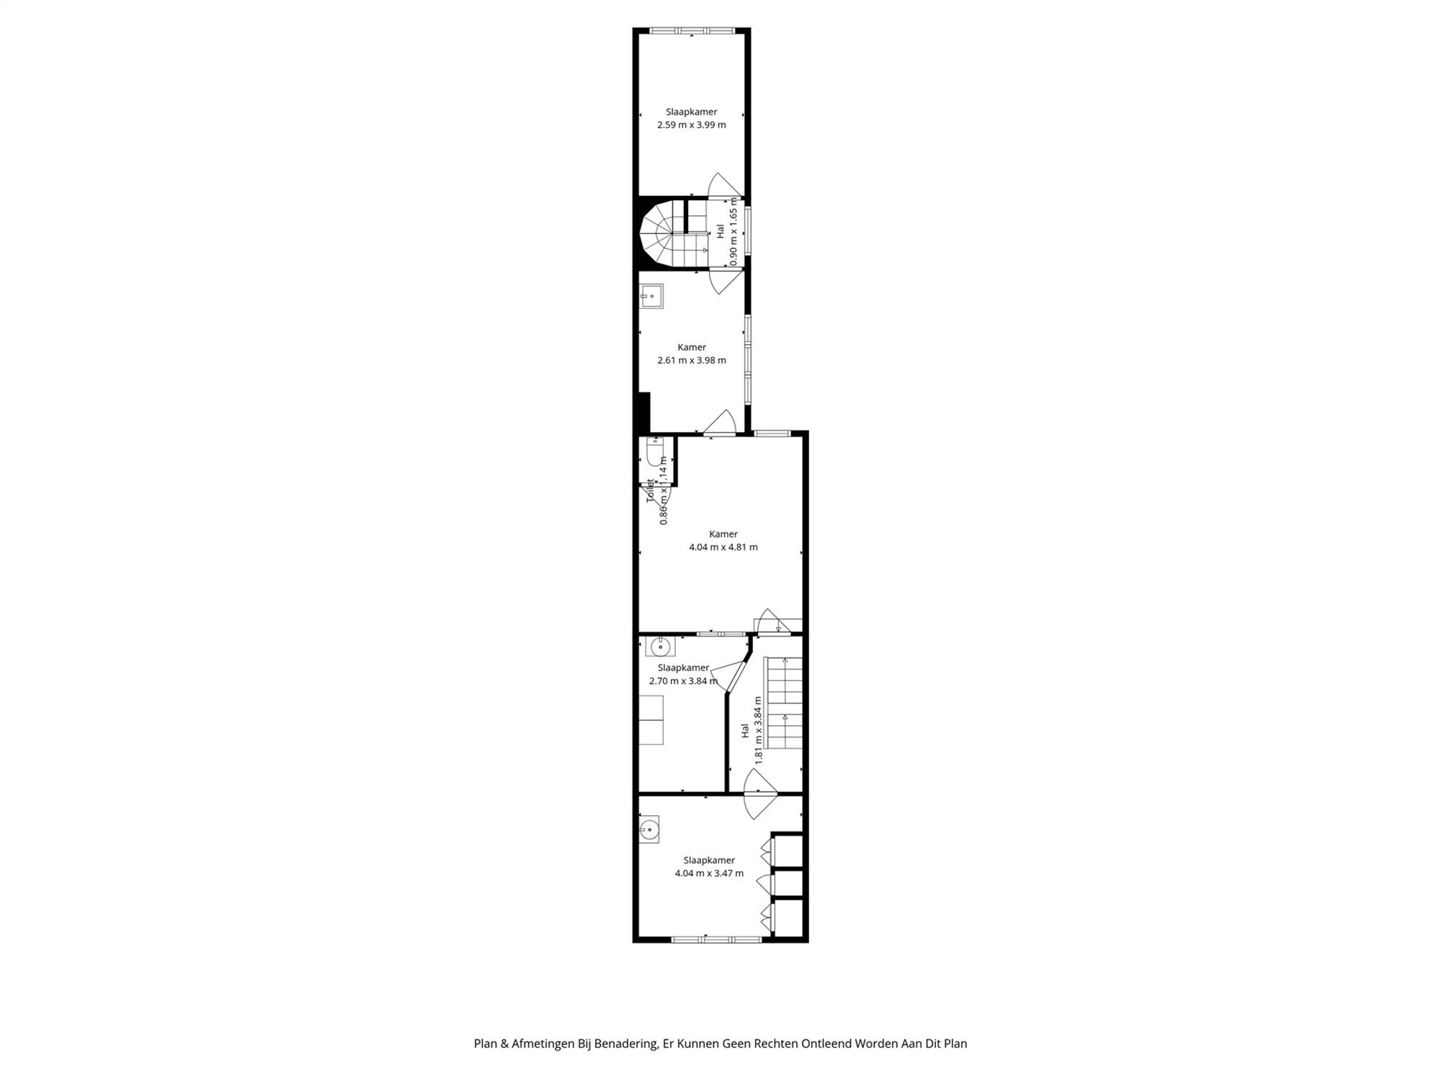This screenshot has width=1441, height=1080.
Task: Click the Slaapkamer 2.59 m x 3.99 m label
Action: (691, 119)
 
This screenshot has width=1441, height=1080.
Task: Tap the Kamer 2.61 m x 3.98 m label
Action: (691, 354)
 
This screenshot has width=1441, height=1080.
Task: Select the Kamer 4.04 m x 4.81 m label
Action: (723, 541)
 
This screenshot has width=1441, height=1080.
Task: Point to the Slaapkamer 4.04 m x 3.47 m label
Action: (709, 867)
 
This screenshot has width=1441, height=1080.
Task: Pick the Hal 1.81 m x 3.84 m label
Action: (751, 729)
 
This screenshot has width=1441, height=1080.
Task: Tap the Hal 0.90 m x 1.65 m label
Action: (727, 232)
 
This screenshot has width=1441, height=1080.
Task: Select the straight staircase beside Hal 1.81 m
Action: (784, 702)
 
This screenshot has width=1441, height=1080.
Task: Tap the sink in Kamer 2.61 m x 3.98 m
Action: (651, 296)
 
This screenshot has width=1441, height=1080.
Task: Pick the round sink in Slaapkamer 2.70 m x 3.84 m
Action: (659, 647)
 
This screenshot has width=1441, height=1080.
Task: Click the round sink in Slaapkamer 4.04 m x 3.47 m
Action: (649, 829)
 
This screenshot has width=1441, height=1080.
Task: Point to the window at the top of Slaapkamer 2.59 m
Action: (692, 31)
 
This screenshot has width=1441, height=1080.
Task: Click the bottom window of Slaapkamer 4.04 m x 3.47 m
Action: (716, 939)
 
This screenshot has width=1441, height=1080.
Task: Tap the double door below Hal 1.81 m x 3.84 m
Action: (760, 794)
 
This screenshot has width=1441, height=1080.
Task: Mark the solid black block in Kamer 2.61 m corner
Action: (644, 412)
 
